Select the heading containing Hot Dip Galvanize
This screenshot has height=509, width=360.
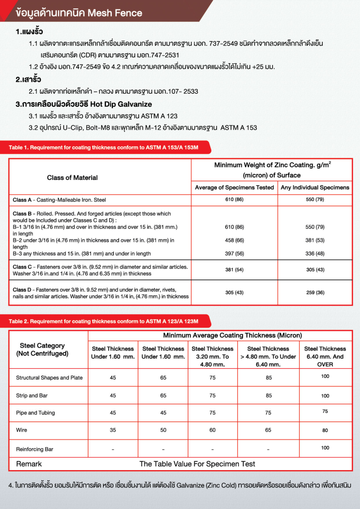point(84,104)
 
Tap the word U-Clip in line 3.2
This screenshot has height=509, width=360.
point(68,127)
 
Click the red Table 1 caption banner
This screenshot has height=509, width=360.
point(104,148)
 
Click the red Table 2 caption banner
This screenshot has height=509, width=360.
point(104,321)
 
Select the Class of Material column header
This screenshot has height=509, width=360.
point(72,178)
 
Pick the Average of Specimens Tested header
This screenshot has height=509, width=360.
point(234,187)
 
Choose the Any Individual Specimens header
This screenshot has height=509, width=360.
point(315,187)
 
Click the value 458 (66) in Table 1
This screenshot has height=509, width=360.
point(234,240)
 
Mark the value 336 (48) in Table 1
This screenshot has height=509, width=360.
point(314,254)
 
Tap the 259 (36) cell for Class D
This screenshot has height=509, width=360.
point(314,292)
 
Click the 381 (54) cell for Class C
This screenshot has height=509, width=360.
point(234,270)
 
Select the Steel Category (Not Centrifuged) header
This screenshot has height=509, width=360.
point(42,349)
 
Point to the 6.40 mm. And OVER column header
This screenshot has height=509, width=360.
point(325,356)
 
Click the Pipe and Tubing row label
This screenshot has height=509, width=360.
point(36,413)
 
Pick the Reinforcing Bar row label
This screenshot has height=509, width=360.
point(35,449)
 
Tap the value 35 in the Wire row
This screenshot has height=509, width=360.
point(113,430)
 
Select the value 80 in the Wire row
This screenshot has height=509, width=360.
point(325,430)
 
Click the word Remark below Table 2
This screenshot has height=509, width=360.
point(29,464)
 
